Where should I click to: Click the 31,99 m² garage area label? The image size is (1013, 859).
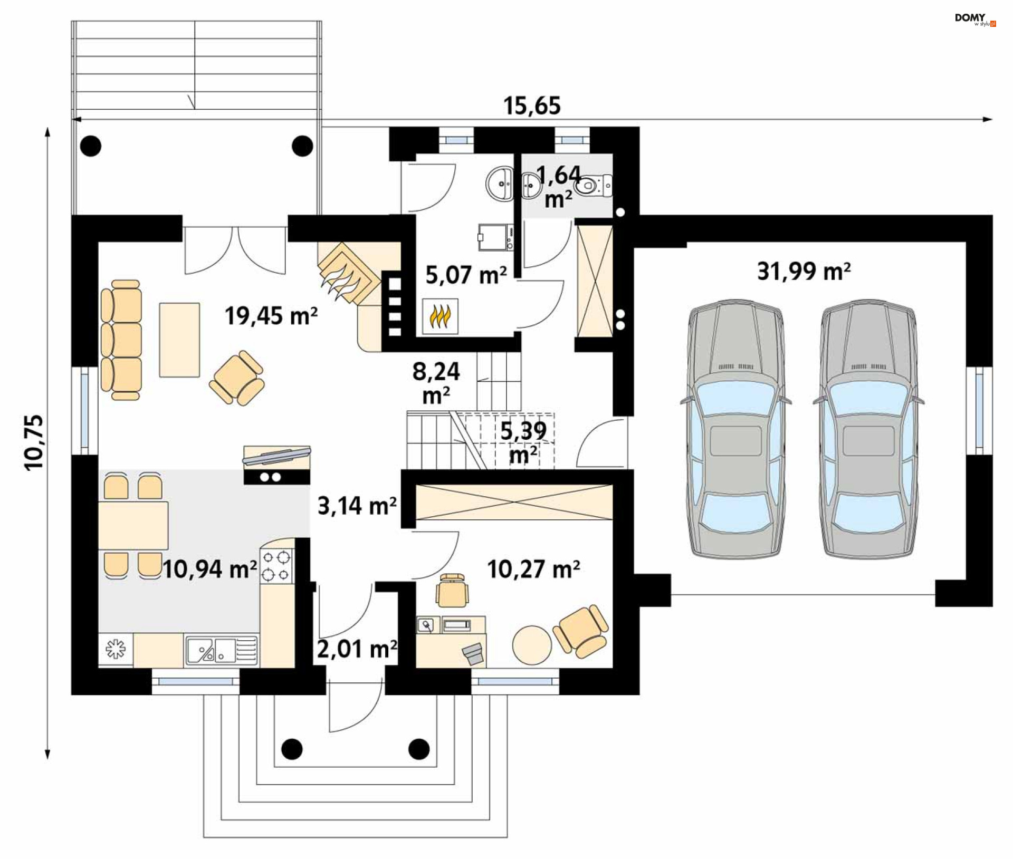(804, 271)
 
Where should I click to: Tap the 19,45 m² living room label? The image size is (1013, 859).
(271, 316)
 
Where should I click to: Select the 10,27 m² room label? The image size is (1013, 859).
(533, 570)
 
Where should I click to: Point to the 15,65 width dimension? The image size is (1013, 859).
(532, 106)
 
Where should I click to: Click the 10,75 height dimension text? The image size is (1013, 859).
(34, 442)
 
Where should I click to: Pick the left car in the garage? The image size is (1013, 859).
(736, 429)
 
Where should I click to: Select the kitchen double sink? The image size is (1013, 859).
(222, 649)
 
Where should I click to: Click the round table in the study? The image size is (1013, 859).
(532, 644)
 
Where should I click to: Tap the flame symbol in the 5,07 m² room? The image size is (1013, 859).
(440, 316)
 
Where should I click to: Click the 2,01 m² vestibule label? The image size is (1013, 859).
(357, 649)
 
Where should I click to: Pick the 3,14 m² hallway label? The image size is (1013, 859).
(357, 506)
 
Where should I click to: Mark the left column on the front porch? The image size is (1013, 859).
(292, 749)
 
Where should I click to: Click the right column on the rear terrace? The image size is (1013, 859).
(302, 146)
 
